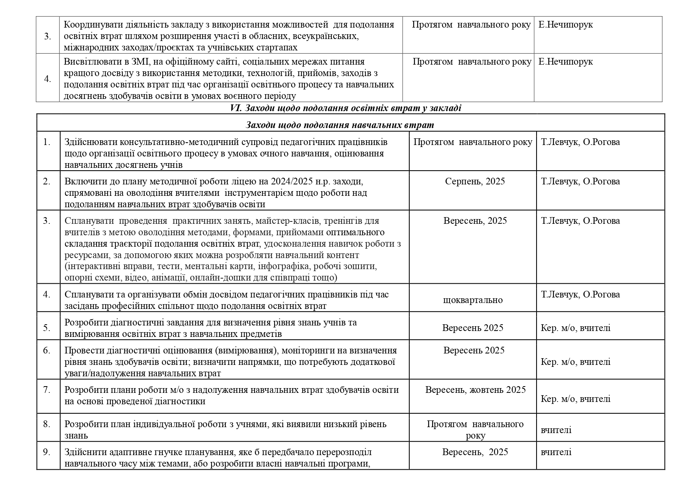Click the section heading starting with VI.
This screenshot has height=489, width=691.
tap(345, 108)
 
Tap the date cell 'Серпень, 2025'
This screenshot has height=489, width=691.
tap(475, 181)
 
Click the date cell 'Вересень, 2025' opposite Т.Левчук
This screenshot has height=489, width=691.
tap(475, 221)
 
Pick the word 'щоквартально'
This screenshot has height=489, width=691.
tap(473, 300)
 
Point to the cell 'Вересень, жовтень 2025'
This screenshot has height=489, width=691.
tap(475, 390)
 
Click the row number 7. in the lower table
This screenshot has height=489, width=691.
tap(47, 390)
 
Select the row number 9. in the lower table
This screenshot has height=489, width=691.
tap(47, 452)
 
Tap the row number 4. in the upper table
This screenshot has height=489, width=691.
tap(47, 79)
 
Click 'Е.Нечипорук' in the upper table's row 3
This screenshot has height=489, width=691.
tap(565, 24)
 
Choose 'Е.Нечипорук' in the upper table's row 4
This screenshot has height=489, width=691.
tap(565, 62)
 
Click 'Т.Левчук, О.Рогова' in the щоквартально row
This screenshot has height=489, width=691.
tap(580, 294)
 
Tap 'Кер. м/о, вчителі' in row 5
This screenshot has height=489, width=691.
tap(576, 328)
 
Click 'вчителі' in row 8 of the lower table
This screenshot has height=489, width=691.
tap(556, 430)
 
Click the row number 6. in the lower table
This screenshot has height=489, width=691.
tap(47, 350)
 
